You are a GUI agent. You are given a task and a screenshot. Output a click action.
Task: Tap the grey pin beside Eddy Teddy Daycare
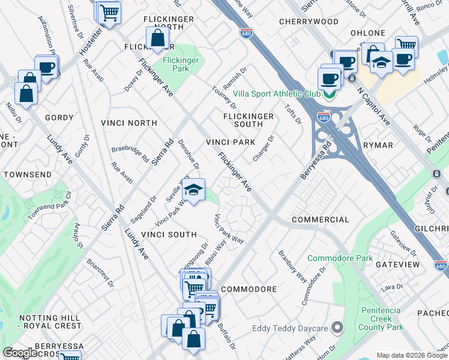[x=337, y=328]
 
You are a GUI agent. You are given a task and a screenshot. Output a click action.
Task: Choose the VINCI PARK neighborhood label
[x=231, y=142]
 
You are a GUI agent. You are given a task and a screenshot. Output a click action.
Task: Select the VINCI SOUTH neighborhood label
[x=169, y=234]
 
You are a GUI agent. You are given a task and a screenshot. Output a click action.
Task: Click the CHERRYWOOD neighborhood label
[x=309, y=22]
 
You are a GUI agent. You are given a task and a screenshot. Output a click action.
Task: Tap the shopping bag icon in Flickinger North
[x=157, y=39]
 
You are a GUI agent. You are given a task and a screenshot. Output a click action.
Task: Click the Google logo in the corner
[x=20, y=353]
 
